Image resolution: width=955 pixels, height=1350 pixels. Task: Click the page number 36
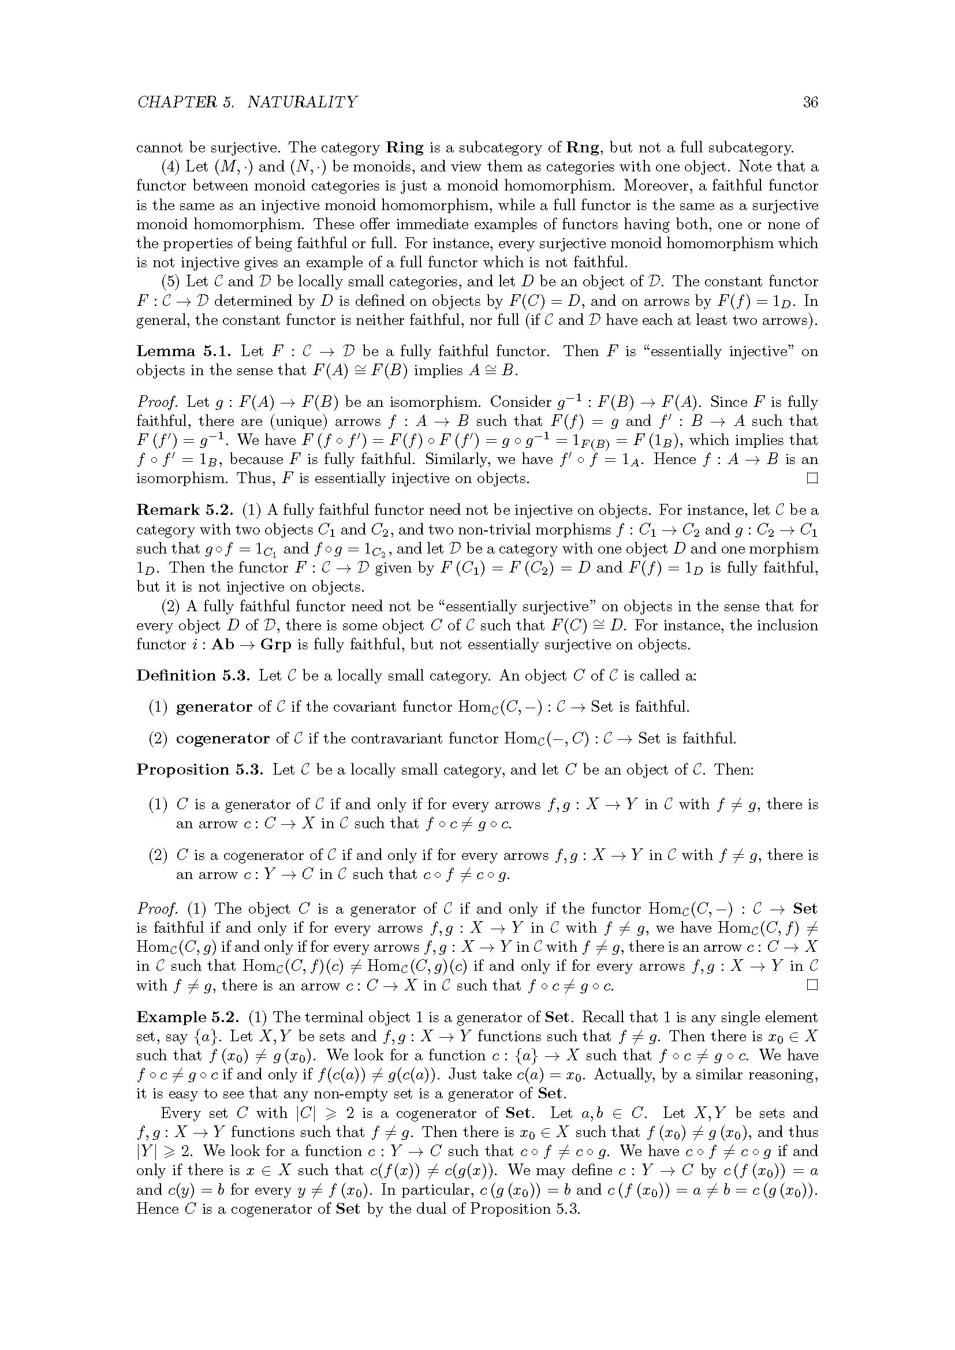[x=810, y=102]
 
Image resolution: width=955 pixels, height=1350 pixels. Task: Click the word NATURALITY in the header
[x=301, y=102]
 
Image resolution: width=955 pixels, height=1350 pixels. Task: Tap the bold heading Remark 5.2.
[x=185, y=510]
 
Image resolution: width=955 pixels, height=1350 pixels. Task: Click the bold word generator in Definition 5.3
[x=214, y=707]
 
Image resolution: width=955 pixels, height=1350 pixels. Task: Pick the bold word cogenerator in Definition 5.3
[x=223, y=739]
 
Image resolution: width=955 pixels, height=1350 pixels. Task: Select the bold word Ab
[x=222, y=645]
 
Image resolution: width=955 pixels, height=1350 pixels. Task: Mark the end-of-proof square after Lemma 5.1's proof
[x=812, y=478]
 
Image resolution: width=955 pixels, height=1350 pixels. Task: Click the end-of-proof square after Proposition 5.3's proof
[x=812, y=986]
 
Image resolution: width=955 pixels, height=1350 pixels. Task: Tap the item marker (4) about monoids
[x=170, y=167]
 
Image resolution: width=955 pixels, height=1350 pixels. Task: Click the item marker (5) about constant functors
[x=170, y=282]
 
